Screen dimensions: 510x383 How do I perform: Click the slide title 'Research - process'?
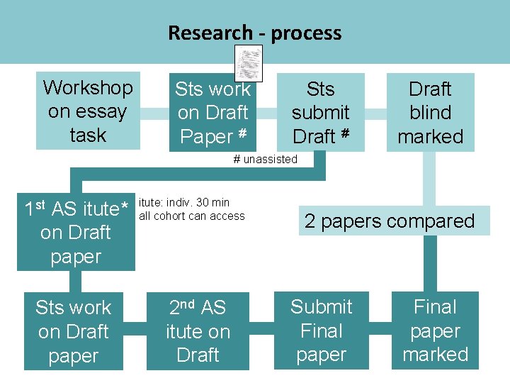(x=254, y=33)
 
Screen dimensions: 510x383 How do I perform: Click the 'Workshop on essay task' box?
(x=88, y=111)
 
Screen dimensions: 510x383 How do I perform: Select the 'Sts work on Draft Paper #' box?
(x=212, y=112)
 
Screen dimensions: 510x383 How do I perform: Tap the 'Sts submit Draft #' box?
(x=321, y=112)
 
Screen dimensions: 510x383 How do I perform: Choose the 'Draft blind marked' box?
(x=430, y=112)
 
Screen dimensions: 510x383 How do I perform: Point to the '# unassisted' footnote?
(x=266, y=159)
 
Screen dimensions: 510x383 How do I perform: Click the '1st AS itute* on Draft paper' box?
(x=76, y=233)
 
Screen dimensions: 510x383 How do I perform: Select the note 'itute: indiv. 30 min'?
(x=184, y=203)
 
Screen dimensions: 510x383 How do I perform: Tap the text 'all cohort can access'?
(x=192, y=216)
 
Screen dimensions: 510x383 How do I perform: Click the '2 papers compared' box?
(x=390, y=221)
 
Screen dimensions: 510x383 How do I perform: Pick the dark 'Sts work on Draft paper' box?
(x=74, y=331)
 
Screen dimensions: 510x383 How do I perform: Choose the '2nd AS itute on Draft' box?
(x=198, y=331)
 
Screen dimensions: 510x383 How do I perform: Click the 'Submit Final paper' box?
(x=321, y=331)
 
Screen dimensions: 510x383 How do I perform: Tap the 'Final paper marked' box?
(x=435, y=331)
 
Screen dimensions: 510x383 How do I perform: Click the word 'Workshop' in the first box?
(x=88, y=88)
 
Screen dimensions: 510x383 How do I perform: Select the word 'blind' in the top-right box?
(x=430, y=112)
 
